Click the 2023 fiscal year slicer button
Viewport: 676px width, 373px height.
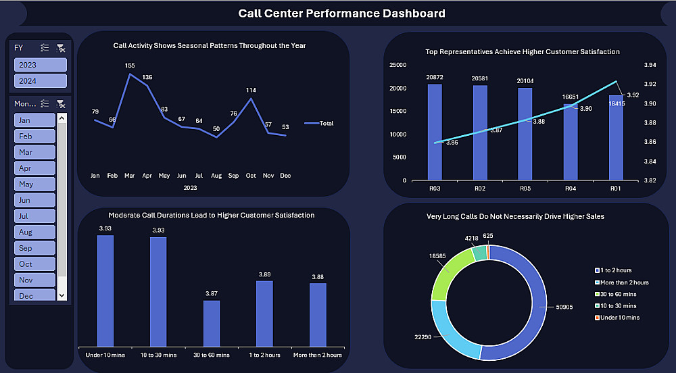click(41, 65)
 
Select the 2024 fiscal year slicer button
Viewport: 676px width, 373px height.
click(41, 81)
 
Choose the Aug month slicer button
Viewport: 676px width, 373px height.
click(34, 232)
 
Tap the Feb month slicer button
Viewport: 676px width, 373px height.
click(34, 136)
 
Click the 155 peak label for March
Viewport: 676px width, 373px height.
click(130, 66)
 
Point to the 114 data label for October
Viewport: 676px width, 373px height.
click(251, 90)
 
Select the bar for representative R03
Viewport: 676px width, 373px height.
click(435, 132)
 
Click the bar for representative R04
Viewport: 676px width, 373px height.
click(570, 142)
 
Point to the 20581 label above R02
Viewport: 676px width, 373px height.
click(479, 78)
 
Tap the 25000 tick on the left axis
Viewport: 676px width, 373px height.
click(398, 65)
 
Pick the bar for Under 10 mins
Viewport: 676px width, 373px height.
click(105, 291)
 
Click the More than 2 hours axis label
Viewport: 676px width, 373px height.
click(318, 355)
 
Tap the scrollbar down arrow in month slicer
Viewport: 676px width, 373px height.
click(62, 295)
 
